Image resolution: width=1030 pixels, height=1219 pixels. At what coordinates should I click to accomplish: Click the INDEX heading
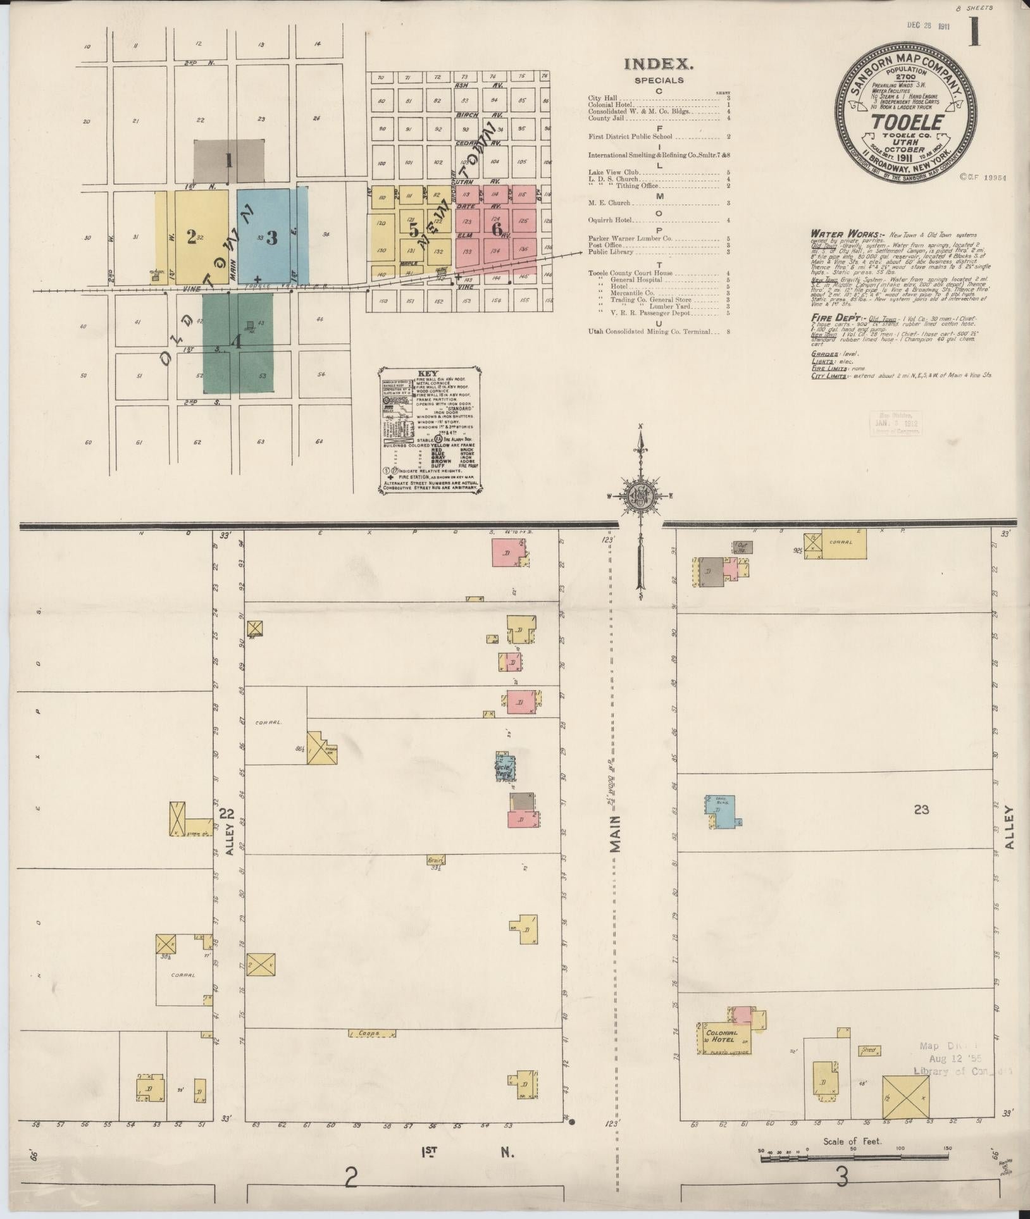pos(659,64)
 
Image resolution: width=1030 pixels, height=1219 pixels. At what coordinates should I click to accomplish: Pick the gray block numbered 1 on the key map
pos(229,161)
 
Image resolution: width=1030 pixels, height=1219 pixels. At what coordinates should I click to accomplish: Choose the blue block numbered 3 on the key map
pos(272,237)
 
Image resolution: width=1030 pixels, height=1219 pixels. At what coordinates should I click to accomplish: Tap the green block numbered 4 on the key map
pos(237,342)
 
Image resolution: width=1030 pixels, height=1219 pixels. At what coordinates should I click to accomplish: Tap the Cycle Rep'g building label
pos(503,769)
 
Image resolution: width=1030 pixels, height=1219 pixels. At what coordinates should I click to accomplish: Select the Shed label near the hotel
pos(868,1051)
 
